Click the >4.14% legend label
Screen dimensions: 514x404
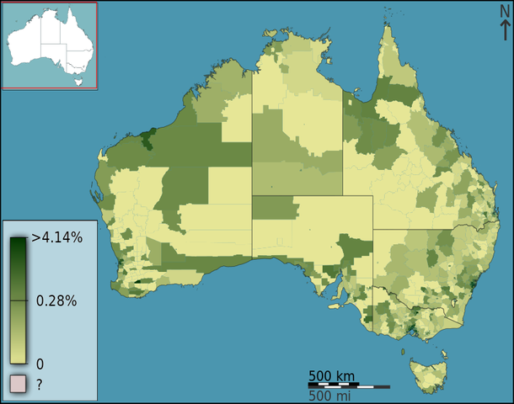pos(57,237)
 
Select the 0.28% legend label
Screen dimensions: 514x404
pos(56,300)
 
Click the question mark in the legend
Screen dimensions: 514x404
pos(39,385)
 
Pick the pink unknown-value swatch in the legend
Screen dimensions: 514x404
pos(19,385)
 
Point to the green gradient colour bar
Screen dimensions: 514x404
pos(18,299)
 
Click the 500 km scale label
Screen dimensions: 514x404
pos(331,375)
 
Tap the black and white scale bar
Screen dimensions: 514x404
pos(348,385)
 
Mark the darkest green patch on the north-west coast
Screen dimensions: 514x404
pos(150,138)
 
